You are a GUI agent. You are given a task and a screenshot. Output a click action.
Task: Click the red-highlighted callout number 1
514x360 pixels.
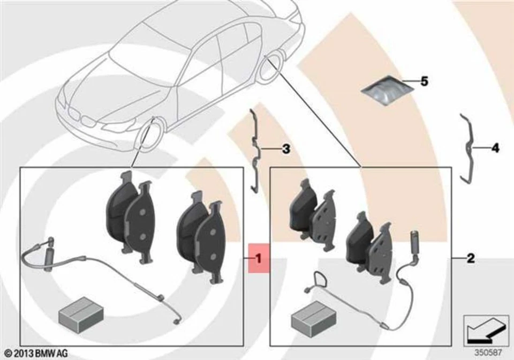[259, 258]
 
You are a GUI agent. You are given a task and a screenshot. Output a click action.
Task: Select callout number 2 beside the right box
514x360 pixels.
[471, 258]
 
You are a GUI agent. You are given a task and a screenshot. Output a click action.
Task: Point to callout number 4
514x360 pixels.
[495, 148]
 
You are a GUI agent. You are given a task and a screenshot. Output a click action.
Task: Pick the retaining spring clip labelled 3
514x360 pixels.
[255, 150]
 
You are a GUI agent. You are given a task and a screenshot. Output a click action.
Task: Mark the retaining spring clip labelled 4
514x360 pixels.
[467, 148]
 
